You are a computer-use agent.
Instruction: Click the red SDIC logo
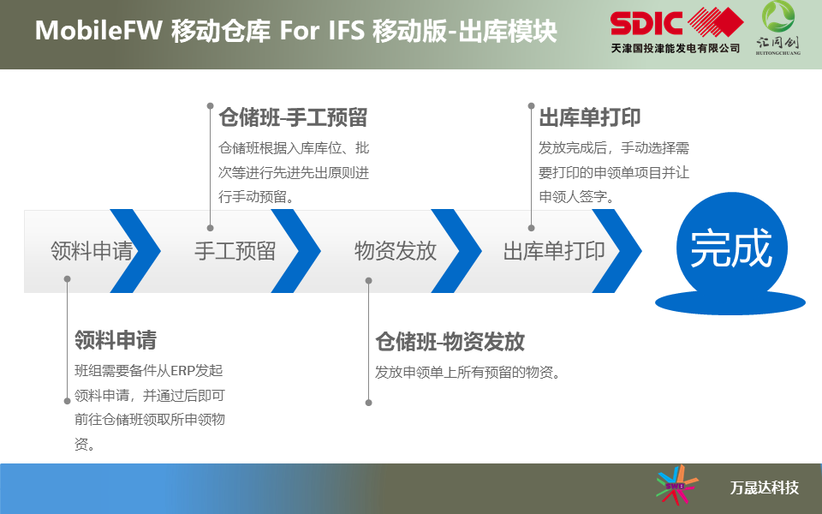676,22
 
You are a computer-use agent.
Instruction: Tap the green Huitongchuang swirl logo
778,15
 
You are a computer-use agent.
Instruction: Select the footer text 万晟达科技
765,487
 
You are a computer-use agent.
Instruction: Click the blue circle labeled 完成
732,248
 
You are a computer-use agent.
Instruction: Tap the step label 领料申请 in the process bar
92,251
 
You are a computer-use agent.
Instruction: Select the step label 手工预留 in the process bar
235,251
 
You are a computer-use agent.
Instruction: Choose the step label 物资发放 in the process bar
396,251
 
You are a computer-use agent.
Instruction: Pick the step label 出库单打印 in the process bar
554,251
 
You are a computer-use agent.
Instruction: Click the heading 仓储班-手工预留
293,117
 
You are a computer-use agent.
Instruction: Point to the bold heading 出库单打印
590,117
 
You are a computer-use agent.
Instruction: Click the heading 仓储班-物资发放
450,342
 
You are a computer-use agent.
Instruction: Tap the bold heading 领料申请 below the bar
116,340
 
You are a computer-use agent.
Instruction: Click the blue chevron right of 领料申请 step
135,251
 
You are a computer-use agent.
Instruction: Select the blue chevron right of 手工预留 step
295,251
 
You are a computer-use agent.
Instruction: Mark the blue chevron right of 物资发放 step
456,251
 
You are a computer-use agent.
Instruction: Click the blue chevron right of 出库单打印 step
616,251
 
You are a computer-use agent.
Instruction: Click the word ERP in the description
182,371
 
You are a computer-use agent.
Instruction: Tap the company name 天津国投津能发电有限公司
676,48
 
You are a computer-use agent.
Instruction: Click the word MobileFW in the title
98,30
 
